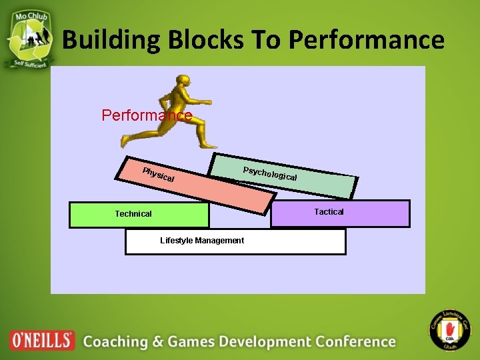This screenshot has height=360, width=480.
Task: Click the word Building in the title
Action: pos(111,40)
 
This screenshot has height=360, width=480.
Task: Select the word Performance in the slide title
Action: pos(367,40)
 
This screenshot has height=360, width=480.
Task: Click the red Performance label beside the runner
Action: pos(147,115)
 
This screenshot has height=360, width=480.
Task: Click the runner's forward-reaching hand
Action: pos(208,102)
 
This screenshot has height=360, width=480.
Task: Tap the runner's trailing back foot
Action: pos(125,141)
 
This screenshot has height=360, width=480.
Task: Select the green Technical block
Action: pos(139,215)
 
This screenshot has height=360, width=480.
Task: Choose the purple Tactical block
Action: pos(340,213)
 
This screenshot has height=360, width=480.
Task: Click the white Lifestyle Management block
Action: pos(235,241)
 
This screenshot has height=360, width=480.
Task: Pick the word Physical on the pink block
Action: pos(159,173)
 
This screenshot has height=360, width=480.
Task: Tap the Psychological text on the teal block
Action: pos(269,173)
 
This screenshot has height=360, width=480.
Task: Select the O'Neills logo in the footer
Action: pos(42,340)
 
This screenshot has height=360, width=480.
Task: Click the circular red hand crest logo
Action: pos(449,329)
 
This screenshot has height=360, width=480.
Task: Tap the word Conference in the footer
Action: pos(355,342)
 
